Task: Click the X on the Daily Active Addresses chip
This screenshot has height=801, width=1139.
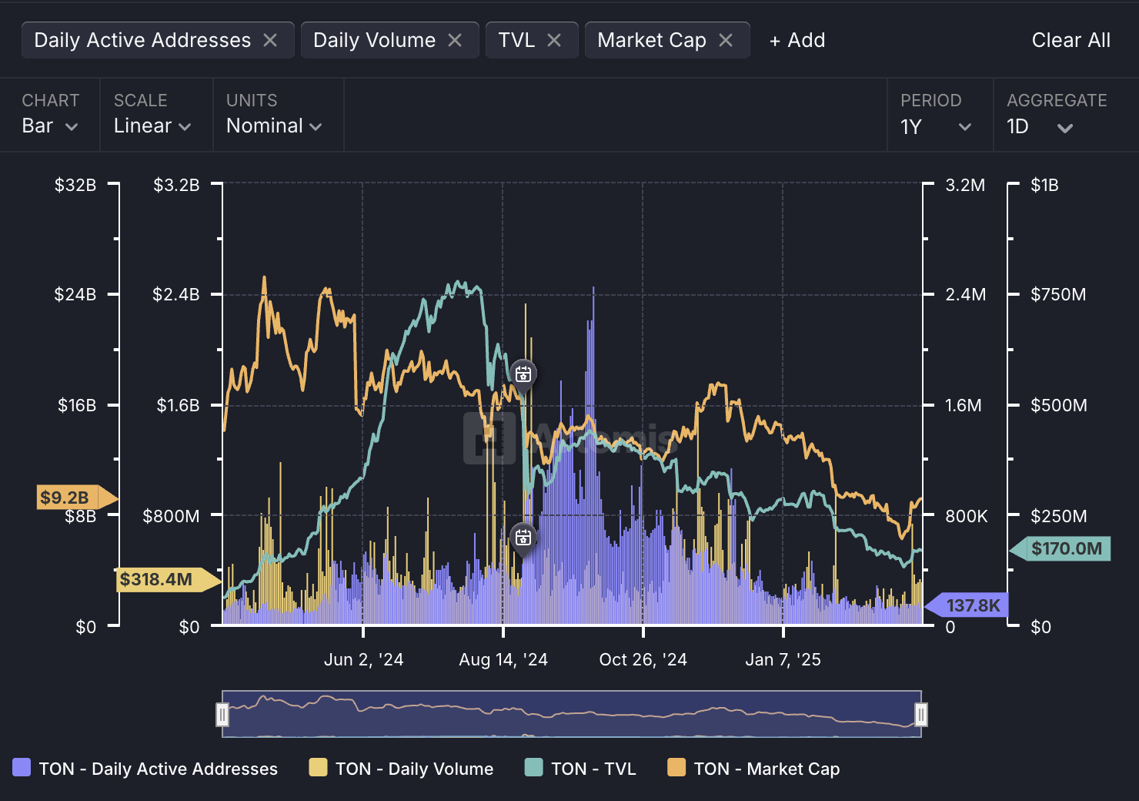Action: pyautogui.click(x=270, y=40)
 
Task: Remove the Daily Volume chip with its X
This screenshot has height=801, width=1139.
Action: pyautogui.click(x=455, y=40)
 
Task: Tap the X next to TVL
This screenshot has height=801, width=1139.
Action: pyautogui.click(x=554, y=40)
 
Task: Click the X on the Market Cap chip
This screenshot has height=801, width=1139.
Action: pyautogui.click(x=726, y=40)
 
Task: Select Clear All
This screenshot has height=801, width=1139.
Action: pyautogui.click(x=1071, y=40)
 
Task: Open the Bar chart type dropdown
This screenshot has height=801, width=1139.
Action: pyautogui.click(x=50, y=126)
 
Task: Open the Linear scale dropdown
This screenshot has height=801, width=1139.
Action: pyautogui.click(x=152, y=126)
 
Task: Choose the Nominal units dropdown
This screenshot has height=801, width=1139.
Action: pyautogui.click(x=274, y=126)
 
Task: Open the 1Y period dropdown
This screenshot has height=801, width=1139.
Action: pyautogui.click(x=936, y=126)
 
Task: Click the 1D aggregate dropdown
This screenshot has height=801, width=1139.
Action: pyautogui.click(x=1040, y=126)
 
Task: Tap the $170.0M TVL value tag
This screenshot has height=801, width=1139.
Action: pyautogui.click(x=1066, y=548)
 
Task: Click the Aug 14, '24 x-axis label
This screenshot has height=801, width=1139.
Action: pyautogui.click(x=503, y=659)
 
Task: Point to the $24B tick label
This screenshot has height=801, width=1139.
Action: pyautogui.click(x=75, y=294)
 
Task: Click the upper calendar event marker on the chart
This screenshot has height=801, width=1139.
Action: pyautogui.click(x=523, y=374)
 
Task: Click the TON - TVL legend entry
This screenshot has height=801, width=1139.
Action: pyautogui.click(x=580, y=769)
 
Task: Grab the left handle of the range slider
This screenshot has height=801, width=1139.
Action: pyautogui.click(x=222, y=715)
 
